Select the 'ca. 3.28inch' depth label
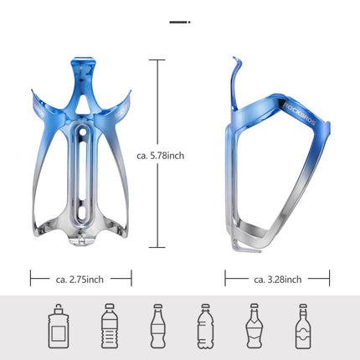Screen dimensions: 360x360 (x=277, y=279)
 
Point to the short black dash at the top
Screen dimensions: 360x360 (x=178, y=22)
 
